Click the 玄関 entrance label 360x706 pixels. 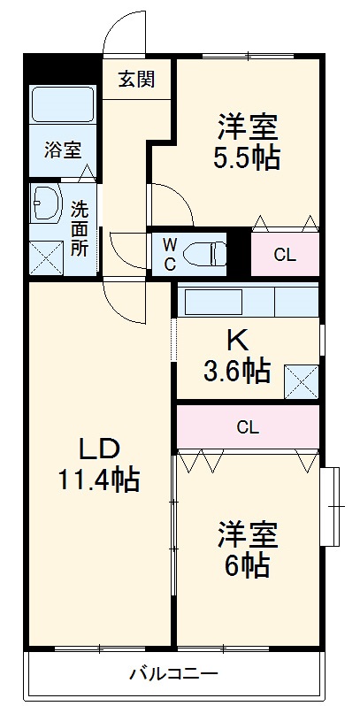coord(136,79)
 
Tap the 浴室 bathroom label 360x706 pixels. coord(61,149)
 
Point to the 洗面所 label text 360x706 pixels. coord(80,228)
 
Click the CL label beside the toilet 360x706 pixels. coord(284,256)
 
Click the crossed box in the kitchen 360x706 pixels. coord(301,381)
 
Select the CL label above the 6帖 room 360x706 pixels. coord(248,427)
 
